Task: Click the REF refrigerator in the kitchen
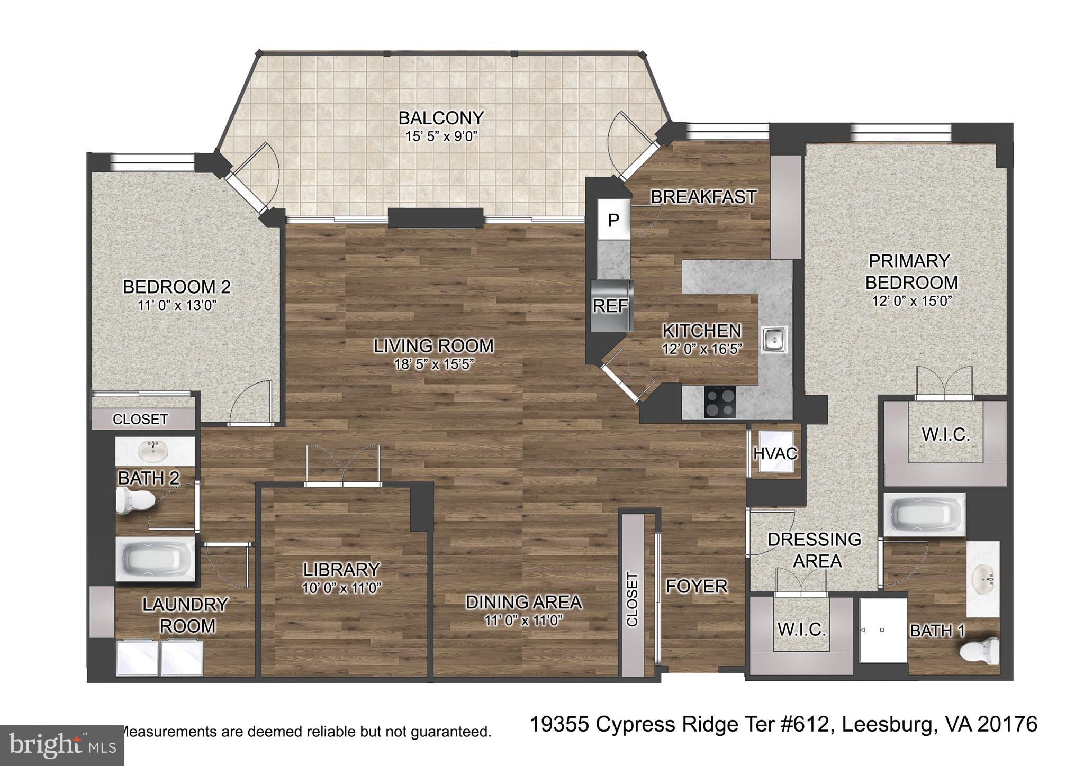[611, 306]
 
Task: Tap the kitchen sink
[775, 339]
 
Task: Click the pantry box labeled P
[613, 220]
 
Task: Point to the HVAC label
[775, 454]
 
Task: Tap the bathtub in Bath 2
[155, 560]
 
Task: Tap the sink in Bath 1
[983, 578]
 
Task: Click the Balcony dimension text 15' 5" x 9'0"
[441, 136]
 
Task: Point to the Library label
[341, 569]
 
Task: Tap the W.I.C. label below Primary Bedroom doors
[946, 435]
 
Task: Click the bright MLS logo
[62, 745]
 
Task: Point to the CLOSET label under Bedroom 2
[140, 420]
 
